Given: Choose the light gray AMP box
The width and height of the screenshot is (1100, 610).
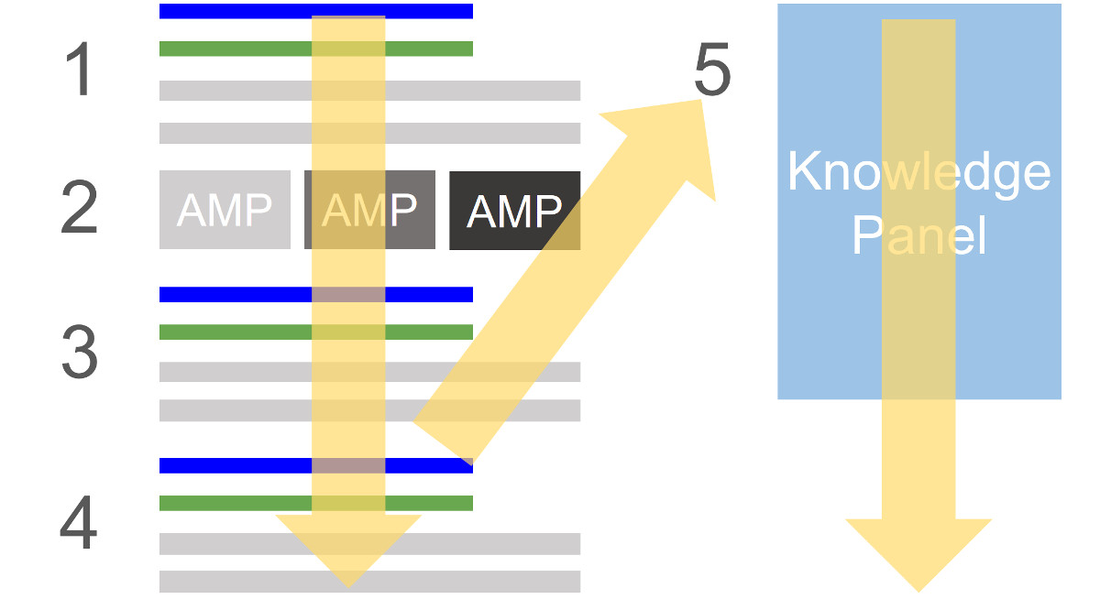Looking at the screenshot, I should click(225, 210).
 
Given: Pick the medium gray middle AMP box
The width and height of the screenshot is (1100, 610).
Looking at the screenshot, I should click(369, 210).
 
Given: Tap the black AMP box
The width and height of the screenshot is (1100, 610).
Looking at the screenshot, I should click(514, 210).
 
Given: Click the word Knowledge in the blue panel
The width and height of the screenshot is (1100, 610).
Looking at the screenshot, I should click(918, 171).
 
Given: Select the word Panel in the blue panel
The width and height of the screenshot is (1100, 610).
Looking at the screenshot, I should click(918, 235).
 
